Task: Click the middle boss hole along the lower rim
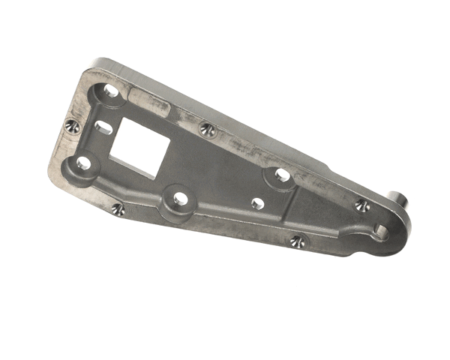point(180,199)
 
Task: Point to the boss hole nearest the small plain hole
point(282,175)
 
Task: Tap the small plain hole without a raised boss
point(258,203)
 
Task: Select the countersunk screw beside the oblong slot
point(73,126)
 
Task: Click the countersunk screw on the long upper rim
point(207,130)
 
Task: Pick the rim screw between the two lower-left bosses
point(118,209)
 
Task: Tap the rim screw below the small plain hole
point(297,241)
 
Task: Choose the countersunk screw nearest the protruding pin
point(361,205)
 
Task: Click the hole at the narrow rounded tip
point(381,232)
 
